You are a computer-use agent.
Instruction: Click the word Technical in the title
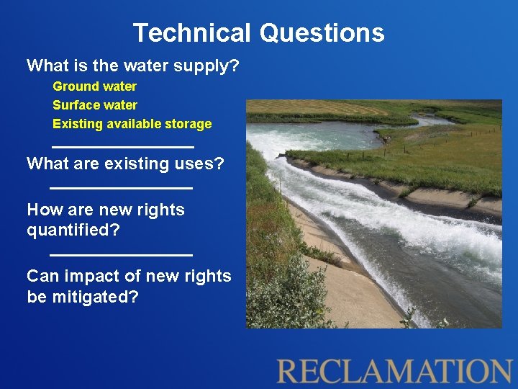191,33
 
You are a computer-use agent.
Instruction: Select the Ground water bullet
94,86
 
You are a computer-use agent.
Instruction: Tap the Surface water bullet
94,105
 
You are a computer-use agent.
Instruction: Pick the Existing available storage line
132,124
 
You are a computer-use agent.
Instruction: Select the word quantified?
73,231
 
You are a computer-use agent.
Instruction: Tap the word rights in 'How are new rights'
165,210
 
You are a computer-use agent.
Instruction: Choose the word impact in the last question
89,277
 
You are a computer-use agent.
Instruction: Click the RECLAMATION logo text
394,371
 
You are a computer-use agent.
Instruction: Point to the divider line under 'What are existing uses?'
121,188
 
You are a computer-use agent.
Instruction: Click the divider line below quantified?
121,254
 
